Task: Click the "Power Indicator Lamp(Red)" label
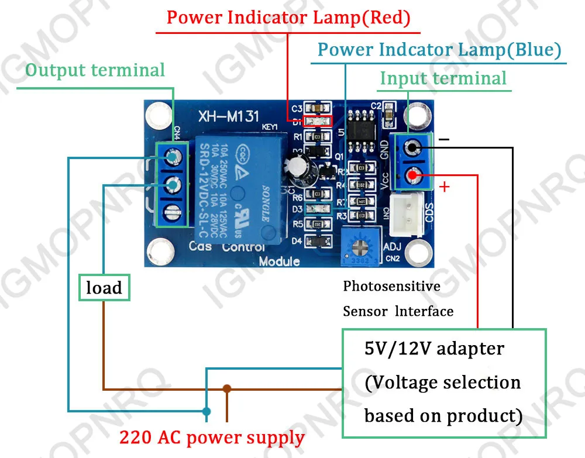[x=288, y=17]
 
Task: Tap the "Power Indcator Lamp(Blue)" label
[x=439, y=50]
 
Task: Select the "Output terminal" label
[x=95, y=70]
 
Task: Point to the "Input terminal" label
[x=443, y=78]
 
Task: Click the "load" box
[x=104, y=288]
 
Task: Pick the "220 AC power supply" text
[x=212, y=437]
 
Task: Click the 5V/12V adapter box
[x=443, y=383]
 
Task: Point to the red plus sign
[x=445, y=187]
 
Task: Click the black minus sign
[x=444, y=140]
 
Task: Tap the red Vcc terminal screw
[x=413, y=174]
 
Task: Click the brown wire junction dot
[x=227, y=388]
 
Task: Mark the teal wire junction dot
[x=206, y=411]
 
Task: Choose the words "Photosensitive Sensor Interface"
[x=398, y=298]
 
